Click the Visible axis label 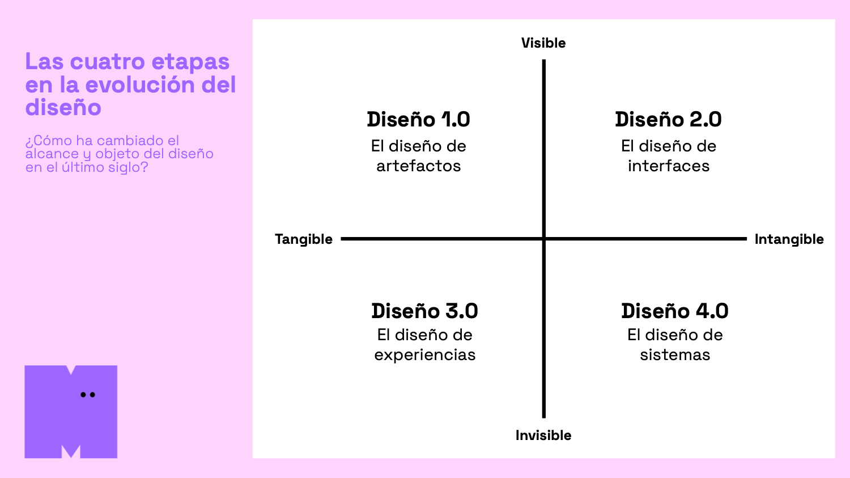pyautogui.click(x=543, y=43)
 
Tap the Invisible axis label pyautogui.click(x=543, y=435)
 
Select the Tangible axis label pyautogui.click(x=304, y=239)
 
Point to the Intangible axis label pyautogui.click(x=789, y=239)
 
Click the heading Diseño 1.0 pyautogui.click(x=418, y=120)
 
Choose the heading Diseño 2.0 pyautogui.click(x=668, y=120)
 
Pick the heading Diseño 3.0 pyautogui.click(x=424, y=311)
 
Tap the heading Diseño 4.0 pyautogui.click(x=674, y=311)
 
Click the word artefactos pyautogui.click(x=418, y=166)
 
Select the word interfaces pyautogui.click(x=669, y=166)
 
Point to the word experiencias pyautogui.click(x=424, y=355)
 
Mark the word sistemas pyautogui.click(x=675, y=355)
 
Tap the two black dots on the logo pyautogui.click(x=88, y=395)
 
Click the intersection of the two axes pyautogui.click(x=544, y=239)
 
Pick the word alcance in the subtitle pyautogui.click(x=52, y=154)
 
